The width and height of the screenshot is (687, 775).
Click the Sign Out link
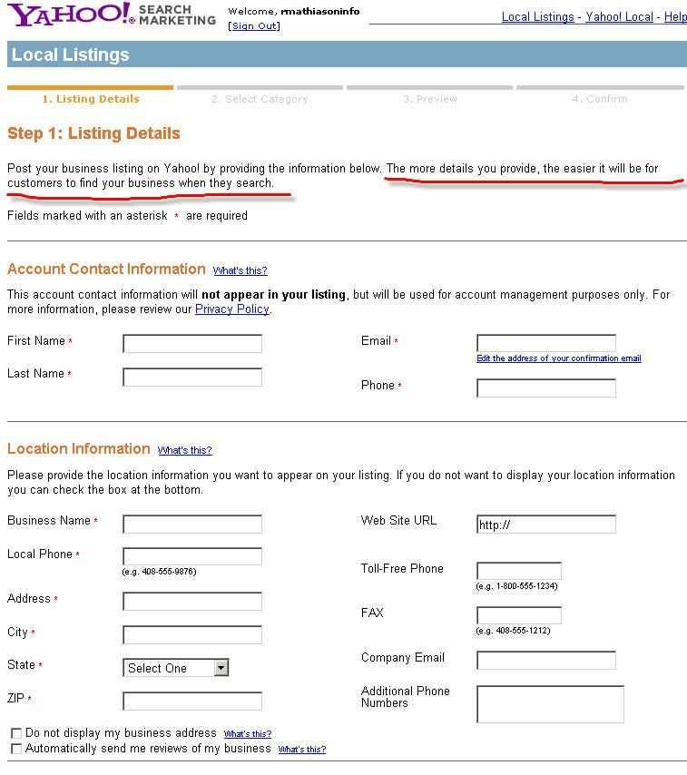(254, 26)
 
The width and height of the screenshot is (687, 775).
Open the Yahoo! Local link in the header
(619, 17)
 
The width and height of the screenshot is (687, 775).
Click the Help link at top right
(675, 17)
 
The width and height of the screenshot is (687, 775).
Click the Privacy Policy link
(232, 309)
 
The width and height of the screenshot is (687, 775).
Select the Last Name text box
(192, 378)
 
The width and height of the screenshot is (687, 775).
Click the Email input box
(546, 343)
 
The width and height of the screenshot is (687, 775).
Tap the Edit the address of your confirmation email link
(559, 358)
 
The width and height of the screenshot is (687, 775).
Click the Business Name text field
(192, 524)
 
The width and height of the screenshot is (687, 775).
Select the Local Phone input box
(192, 556)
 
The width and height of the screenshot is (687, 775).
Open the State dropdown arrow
(221, 668)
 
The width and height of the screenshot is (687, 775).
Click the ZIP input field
(192, 701)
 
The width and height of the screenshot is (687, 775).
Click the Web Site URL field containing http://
(546, 525)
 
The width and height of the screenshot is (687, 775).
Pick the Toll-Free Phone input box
(519, 571)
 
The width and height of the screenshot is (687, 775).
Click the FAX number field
(519, 615)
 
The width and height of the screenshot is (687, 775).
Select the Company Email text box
(546, 660)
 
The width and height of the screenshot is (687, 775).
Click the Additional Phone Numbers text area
(551, 704)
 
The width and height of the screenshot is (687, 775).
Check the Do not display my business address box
(16, 733)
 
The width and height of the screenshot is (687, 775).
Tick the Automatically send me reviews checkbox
(16, 749)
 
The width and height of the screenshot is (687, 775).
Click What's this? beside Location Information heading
(185, 450)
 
